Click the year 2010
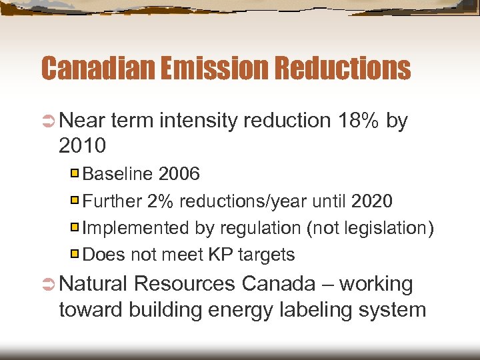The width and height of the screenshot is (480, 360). point(83,145)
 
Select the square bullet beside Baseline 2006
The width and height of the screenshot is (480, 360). point(76,174)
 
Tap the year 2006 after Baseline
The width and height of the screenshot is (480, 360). point(179,174)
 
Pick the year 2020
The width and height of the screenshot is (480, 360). point(372,201)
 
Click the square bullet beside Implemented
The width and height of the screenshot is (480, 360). point(76,227)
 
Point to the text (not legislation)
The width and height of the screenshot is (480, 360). point(370,228)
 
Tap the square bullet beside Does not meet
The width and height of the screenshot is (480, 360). point(76,254)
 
